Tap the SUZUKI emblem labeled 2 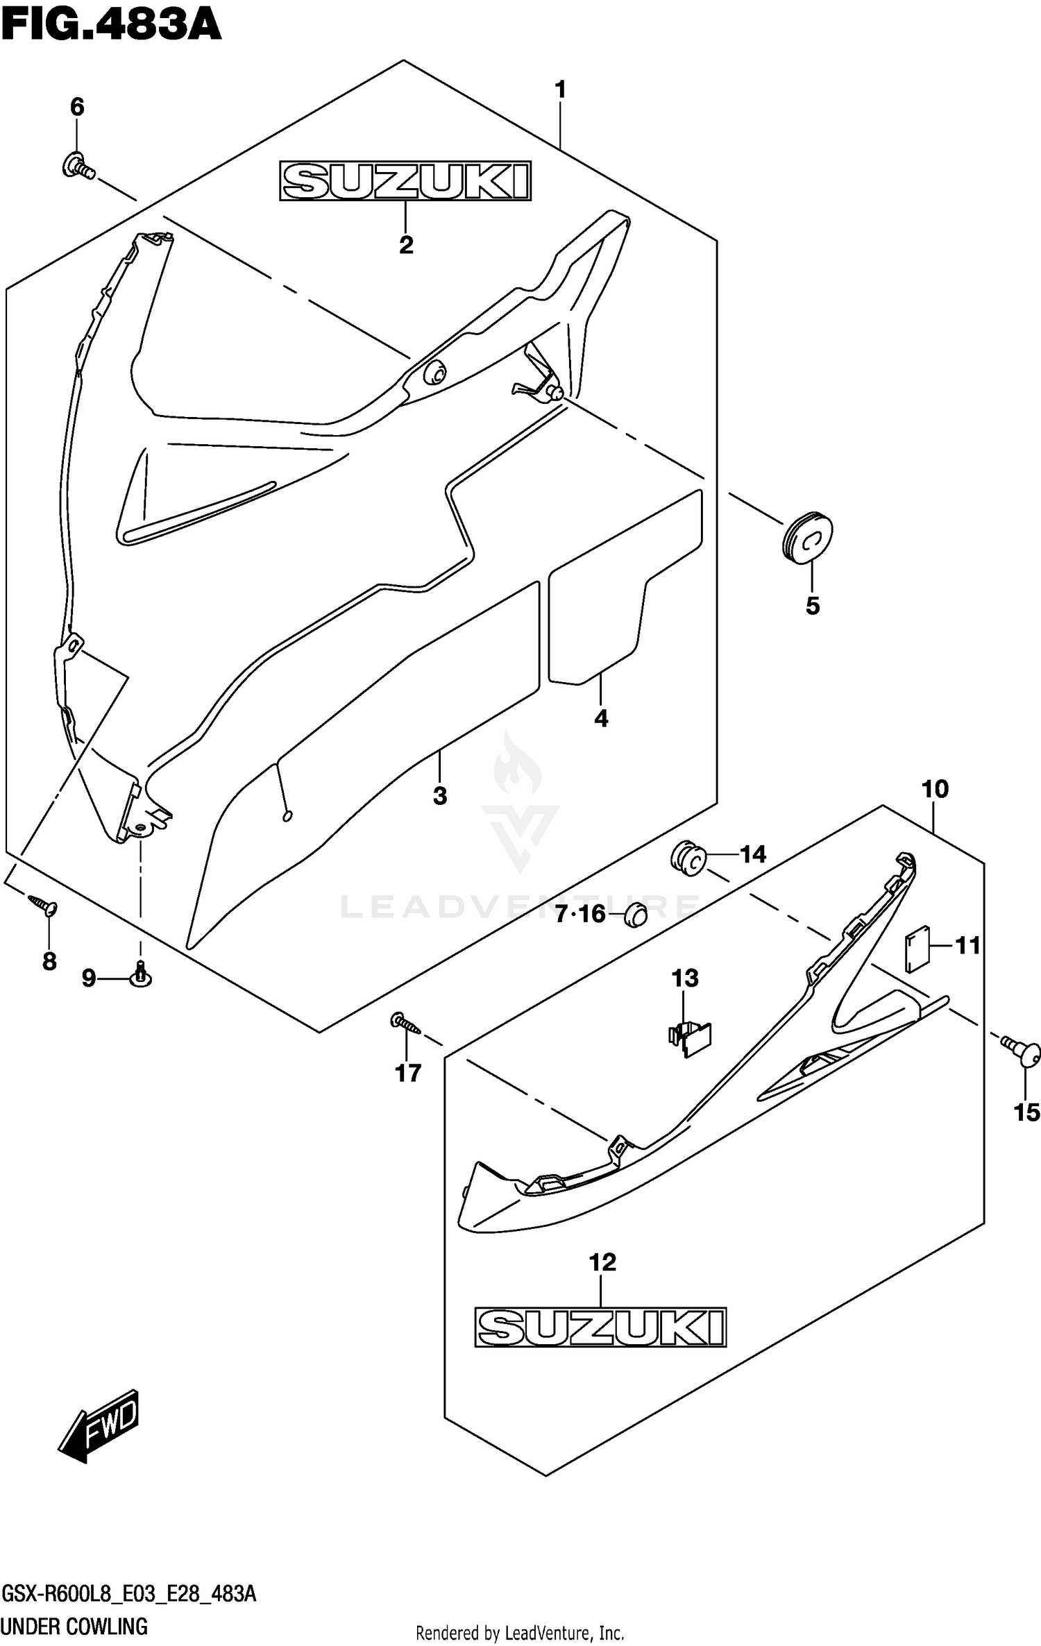coord(405,181)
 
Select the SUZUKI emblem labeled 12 coord(600,1327)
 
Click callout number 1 coord(560,90)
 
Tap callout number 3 coord(439,796)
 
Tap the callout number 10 coord(935,789)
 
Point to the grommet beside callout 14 coord(688,858)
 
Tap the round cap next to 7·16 coord(636,915)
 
